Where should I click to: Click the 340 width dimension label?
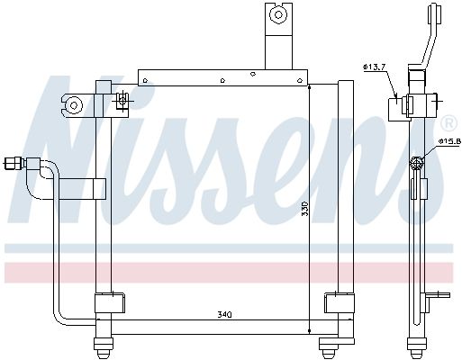[x=225, y=314]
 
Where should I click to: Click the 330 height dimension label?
[x=304, y=209]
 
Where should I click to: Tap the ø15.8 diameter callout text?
[x=449, y=140]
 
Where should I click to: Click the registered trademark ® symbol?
[x=448, y=121]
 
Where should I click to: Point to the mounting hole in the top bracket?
[x=278, y=14]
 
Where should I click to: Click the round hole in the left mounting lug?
[x=74, y=105]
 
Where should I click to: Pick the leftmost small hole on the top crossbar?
[x=146, y=80]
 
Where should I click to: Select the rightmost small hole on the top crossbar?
[x=299, y=80]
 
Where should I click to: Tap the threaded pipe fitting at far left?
[x=14, y=164]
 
